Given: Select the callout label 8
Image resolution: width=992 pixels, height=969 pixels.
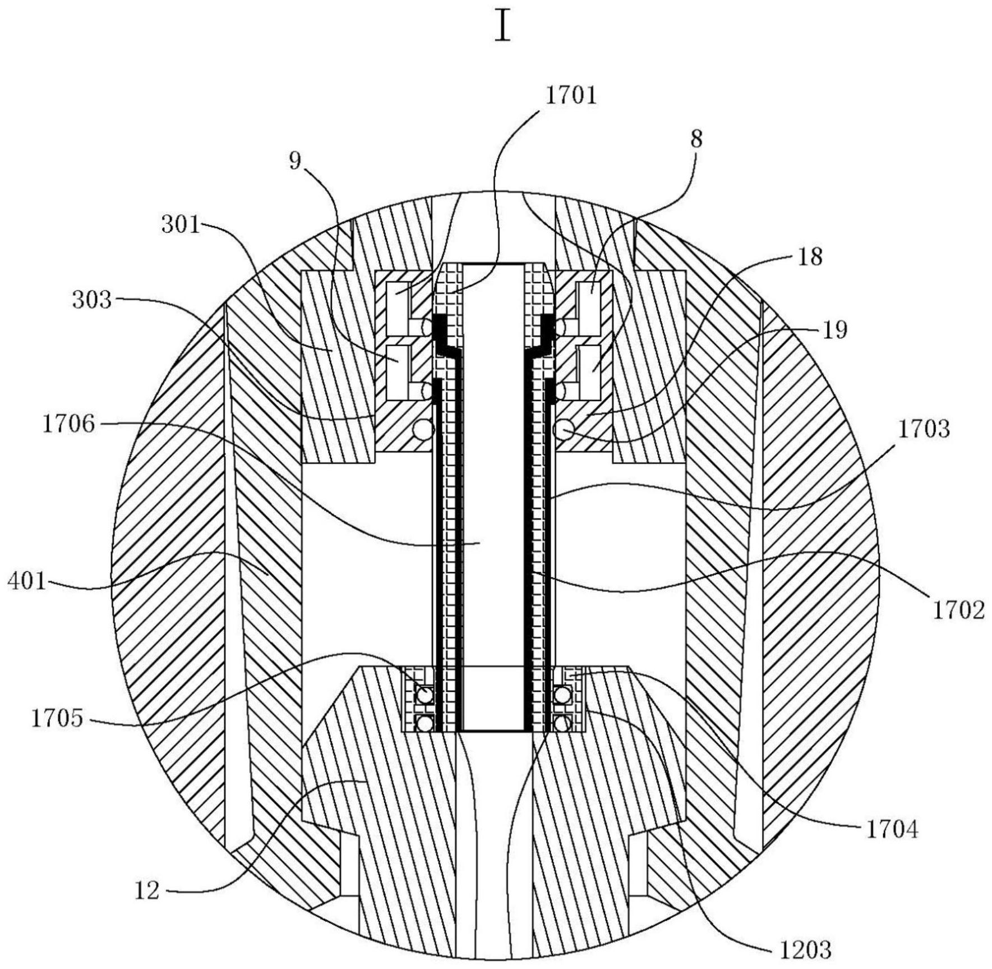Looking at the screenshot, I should coord(696,140).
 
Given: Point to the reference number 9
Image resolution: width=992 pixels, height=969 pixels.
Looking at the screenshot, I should coord(295,162).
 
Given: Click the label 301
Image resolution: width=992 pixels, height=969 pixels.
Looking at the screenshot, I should coord(181,225).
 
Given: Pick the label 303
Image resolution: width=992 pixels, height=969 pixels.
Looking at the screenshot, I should coord(92,300).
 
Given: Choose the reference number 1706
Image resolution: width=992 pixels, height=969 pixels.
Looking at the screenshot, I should coord(69,425).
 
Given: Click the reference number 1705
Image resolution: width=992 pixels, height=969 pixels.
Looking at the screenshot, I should coord(57,719).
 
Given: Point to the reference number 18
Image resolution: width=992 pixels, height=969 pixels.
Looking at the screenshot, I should coord(809,258).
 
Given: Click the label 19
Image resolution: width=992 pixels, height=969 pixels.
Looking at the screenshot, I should coord(835,330).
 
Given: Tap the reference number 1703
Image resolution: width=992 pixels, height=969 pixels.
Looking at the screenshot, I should coord(924,429).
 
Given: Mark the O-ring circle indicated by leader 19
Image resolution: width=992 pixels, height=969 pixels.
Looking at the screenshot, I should coord(563,430).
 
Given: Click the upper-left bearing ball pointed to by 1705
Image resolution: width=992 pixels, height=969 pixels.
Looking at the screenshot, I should coord(424,696).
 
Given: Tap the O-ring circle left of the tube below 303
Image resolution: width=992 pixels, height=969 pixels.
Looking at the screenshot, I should coord(424,430).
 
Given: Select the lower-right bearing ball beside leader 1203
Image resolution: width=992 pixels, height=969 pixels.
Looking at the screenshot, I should coord(562,723).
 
